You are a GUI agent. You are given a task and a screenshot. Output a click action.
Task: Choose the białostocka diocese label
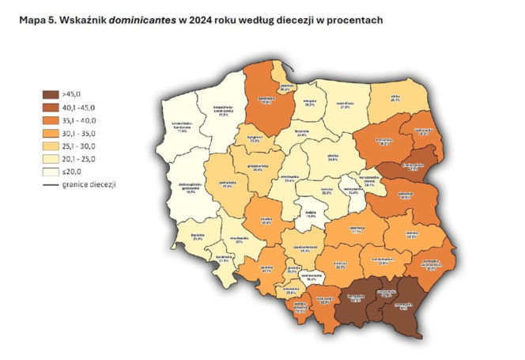[422, 131]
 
